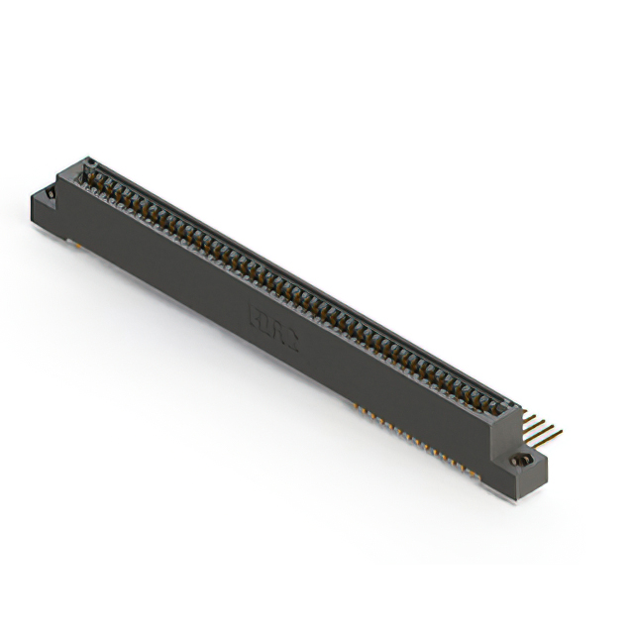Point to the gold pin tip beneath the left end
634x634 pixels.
point(71,241)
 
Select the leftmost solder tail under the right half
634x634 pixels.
point(355,405)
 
